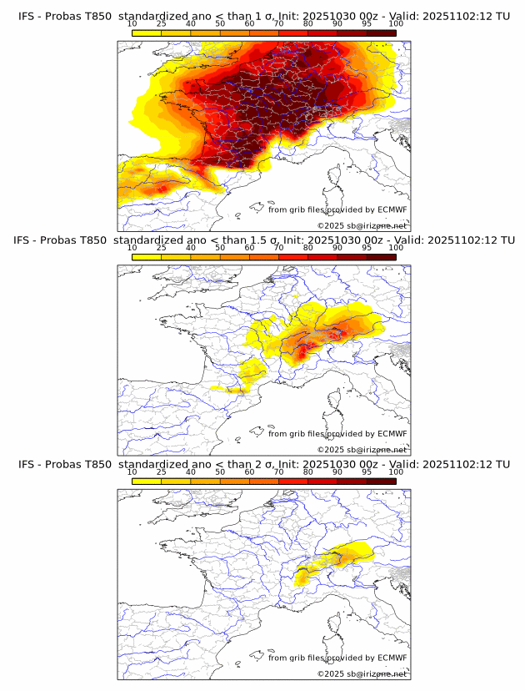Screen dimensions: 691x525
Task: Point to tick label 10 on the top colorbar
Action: click(x=132, y=24)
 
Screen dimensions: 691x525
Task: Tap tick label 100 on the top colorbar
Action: click(x=396, y=24)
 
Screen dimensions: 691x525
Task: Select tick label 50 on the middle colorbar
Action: click(x=220, y=248)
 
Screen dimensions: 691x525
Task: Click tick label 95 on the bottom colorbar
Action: click(x=367, y=472)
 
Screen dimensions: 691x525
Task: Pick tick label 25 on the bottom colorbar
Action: click(x=162, y=472)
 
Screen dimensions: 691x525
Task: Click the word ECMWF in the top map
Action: click(x=392, y=209)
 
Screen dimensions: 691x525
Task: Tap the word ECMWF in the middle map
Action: click(x=392, y=434)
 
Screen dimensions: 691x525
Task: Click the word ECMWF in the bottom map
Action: click(x=392, y=658)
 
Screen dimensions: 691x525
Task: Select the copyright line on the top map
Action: click(x=362, y=225)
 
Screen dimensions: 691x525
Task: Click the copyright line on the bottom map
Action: click(x=362, y=673)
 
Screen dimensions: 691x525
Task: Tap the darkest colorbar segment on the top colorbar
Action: click(x=382, y=33)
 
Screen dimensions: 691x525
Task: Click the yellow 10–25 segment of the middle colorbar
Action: click(x=147, y=256)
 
